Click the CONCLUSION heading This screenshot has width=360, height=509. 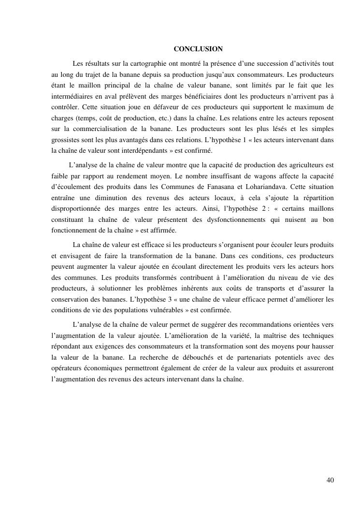coord(198,49)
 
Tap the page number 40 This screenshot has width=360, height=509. coord(330,480)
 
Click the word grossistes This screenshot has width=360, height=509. coord(67,140)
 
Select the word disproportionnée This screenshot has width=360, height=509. coord(77,208)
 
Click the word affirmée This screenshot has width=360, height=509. coord(162,230)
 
